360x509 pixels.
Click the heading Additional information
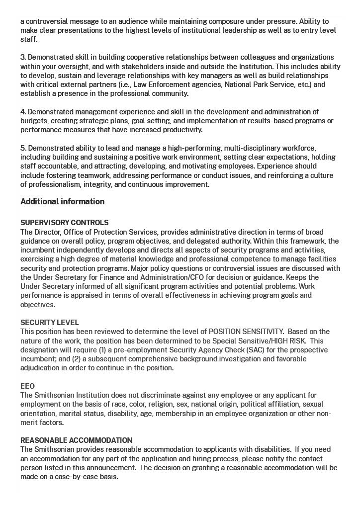pyautogui.click(x=62, y=202)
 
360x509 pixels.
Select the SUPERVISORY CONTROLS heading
pyautogui.click(x=64, y=223)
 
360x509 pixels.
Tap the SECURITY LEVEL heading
pyautogui.click(x=49, y=323)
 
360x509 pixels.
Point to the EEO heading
pyautogui.click(x=27, y=386)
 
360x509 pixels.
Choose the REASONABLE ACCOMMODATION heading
pyautogui.click(x=76, y=440)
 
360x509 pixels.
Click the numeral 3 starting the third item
pyautogui.click(x=22, y=58)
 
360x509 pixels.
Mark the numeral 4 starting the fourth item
pyautogui.click(x=23, y=112)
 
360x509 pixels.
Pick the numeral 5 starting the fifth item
pyautogui.click(x=22, y=148)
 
